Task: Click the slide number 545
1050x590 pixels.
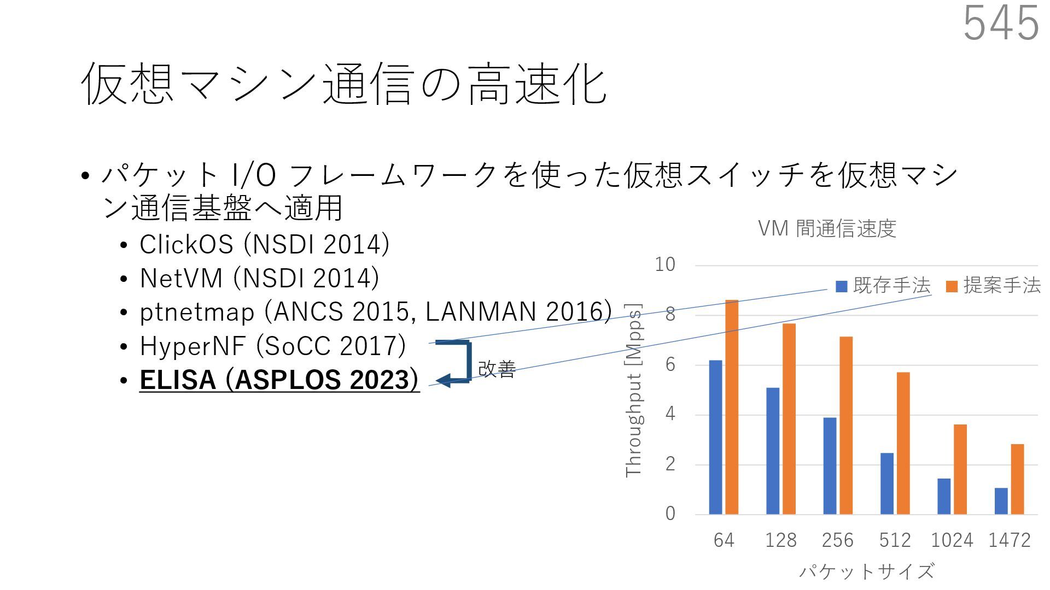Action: point(1000,23)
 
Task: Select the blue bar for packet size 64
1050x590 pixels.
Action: point(715,437)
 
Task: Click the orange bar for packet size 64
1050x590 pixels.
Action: point(732,407)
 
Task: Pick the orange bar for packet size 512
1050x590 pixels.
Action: point(903,443)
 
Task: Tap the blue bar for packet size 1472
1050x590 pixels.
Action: point(1001,501)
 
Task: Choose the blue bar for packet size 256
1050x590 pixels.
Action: point(830,465)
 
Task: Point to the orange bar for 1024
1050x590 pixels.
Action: point(960,469)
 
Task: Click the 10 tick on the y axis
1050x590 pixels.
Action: point(665,265)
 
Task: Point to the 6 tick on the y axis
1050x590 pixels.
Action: point(670,365)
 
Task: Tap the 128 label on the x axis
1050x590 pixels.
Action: point(780,540)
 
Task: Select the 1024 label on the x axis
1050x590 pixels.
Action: point(952,540)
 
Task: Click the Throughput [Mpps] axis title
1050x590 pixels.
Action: point(634,391)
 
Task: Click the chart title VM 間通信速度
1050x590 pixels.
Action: point(826,228)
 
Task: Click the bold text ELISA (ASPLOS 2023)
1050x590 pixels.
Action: point(279,380)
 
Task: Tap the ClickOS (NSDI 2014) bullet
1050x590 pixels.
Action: point(264,244)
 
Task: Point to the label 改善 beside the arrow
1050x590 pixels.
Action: point(497,369)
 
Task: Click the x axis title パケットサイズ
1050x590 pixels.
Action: point(866,571)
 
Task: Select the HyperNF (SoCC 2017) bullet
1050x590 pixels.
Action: point(272,346)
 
